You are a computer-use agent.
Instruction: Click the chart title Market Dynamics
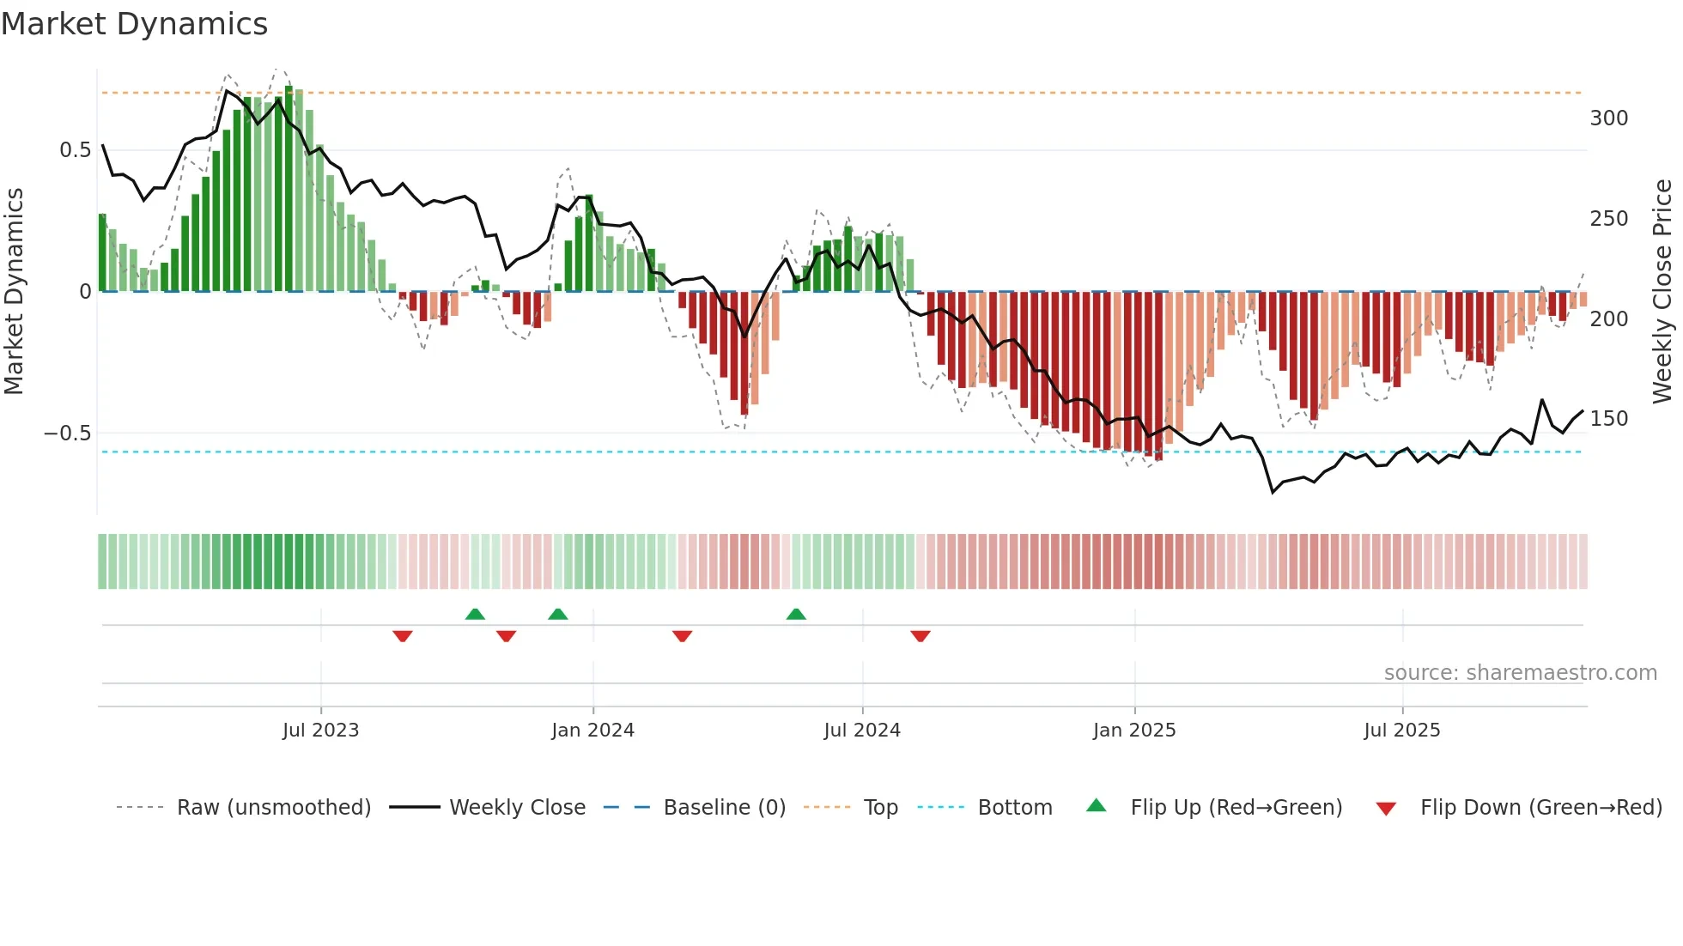[x=134, y=24]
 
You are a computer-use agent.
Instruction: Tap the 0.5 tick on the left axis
[x=75, y=150]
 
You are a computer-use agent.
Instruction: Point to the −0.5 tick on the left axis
[x=68, y=434]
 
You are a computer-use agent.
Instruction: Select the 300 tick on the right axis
[x=1608, y=118]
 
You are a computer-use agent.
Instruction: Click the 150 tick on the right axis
[x=1608, y=419]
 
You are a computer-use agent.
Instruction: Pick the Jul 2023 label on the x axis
[x=320, y=731]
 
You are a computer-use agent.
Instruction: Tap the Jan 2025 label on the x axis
[x=1133, y=731]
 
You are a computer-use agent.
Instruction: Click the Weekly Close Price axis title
[x=1662, y=291]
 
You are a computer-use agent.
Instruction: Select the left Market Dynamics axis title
[x=14, y=291]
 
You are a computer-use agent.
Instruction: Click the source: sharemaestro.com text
[x=1520, y=673]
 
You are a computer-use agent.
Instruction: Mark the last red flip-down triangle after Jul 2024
[x=920, y=636]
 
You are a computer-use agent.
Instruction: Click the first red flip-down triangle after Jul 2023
[x=403, y=636]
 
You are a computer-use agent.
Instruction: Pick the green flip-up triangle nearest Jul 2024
[x=796, y=614]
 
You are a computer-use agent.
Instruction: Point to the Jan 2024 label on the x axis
[x=592, y=731]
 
